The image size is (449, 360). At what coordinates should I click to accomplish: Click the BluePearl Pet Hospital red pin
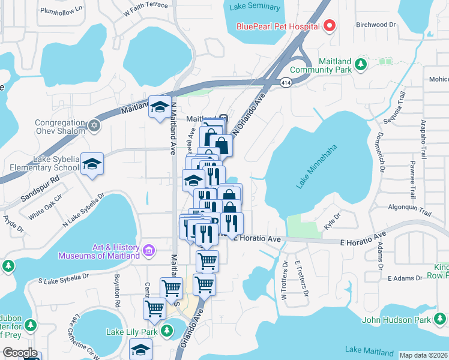click(330, 25)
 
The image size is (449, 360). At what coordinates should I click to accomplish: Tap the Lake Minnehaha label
click(313, 171)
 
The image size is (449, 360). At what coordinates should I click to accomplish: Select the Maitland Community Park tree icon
click(361, 64)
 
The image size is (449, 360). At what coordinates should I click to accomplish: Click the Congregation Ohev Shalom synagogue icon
click(93, 125)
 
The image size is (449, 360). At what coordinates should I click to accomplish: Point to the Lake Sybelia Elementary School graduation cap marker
click(91, 164)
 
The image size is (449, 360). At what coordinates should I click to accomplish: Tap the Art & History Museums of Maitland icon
click(148, 249)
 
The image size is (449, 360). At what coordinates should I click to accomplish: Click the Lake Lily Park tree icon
click(168, 330)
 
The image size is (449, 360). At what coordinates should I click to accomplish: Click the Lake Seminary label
click(255, 7)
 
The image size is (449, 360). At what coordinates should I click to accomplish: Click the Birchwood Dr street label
click(376, 25)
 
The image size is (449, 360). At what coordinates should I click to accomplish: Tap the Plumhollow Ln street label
click(61, 10)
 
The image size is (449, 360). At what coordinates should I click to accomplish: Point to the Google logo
click(20, 353)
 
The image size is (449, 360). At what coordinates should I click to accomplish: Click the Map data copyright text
click(423, 355)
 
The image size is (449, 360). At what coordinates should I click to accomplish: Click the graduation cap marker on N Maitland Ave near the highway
click(160, 107)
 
